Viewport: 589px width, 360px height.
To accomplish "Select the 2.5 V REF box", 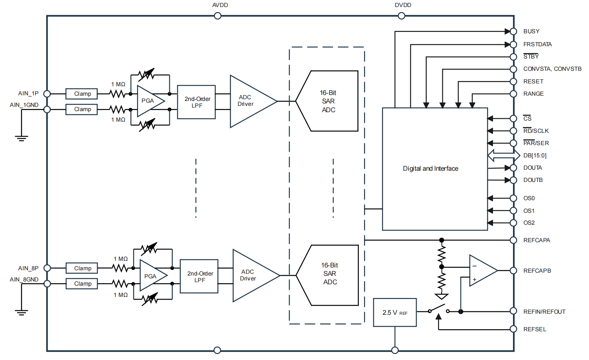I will pyautogui.click(x=395, y=312).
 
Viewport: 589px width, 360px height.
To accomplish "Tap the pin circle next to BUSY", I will pyautogui.click(x=513, y=32).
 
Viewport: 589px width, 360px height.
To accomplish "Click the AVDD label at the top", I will pyautogui.click(x=220, y=5).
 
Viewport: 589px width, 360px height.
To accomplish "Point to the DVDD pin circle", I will pyautogui.click(x=402, y=16).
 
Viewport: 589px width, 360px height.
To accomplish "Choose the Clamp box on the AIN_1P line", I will pyautogui.click(x=82, y=94).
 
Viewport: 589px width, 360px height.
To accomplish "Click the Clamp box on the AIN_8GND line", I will pyautogui.click(x=82, y=284).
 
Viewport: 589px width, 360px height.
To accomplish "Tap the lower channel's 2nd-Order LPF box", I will pyautogui.click(x=199, y=276).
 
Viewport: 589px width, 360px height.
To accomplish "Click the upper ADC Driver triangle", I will pyautogui.click(x=249, y=101).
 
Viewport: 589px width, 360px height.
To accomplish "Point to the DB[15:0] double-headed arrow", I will pyautogui.click(x=504, y=155).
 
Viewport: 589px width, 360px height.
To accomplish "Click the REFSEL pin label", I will pyautogui.click(x=535, y=330).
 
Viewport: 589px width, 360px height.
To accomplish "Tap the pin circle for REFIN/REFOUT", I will pyautogui.click(x=513, y=311).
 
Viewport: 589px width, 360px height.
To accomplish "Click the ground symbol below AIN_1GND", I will pyautogui.click(x=21, y=138).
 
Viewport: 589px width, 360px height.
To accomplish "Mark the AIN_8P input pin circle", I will pyautogui.click(x=47, y=268).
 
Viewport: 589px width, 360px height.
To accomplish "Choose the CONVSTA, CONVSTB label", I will pyautogui.click(x=552, y=69).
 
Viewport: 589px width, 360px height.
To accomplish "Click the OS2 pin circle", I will pyautogui.click(x=513, y=223).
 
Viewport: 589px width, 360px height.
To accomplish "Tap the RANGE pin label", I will pyautogui.click(x=533, y=94).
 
